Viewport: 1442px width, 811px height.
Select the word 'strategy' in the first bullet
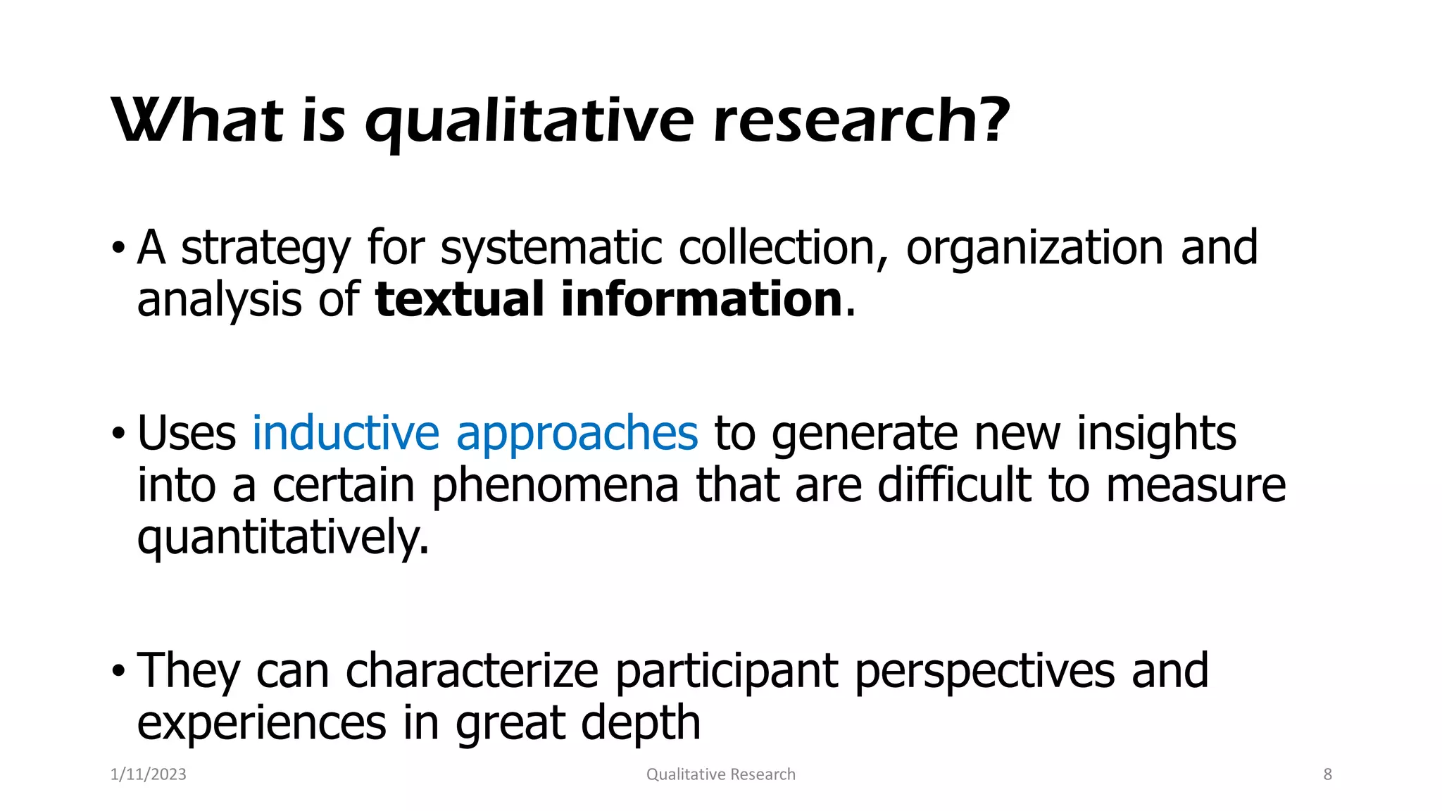(x=265, y=249)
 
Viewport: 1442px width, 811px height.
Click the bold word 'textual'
(x=459, y=299)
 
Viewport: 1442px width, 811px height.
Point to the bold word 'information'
(x=701, y=299)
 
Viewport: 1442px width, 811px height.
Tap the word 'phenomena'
(x=555, y=487)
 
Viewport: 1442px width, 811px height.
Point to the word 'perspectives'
(x=984, y=672)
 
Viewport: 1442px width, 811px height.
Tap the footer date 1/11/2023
(x=149, y=774)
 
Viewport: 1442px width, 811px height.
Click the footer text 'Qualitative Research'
(x=720, y=774)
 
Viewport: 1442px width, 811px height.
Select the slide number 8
(x=1327, y=774)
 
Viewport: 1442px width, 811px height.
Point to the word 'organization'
(x=1034, y=249)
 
